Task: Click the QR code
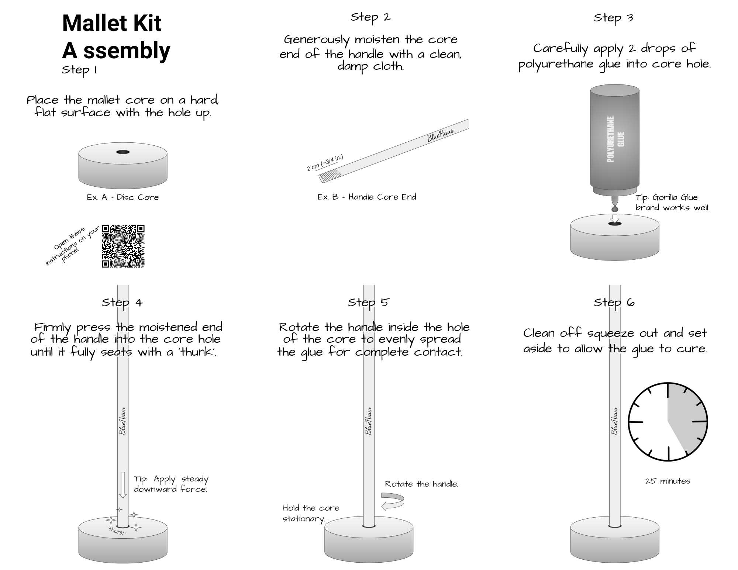(123, 246)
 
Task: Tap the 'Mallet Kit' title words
(112, 23)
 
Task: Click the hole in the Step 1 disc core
(123, 152)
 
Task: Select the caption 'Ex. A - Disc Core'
(123, 197)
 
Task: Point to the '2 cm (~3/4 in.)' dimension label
(325, 163)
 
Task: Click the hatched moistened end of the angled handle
(328, 176)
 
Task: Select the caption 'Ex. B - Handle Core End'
(367, 197)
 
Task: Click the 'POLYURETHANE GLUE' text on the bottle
(615, 139)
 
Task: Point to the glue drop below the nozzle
(615, 209)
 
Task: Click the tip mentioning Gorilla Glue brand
(672, 203)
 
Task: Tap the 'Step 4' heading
(122, 303)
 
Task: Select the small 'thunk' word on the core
(117, 532)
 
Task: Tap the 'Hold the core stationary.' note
(311, 513)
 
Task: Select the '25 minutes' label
(668, 481)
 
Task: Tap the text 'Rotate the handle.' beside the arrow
(421, 484)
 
